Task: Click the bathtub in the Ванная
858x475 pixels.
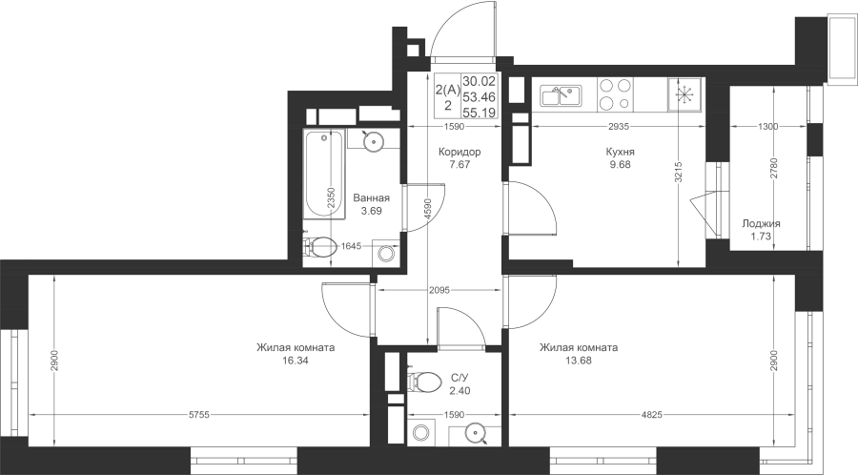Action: coord(324,175)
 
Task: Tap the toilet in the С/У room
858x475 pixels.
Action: coord(424,381)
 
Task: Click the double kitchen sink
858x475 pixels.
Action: coord(561,95)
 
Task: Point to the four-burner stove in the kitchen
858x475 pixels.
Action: coord(615,94)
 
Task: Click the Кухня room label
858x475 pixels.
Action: coord(620,152)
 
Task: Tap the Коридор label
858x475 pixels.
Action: coord(460,152)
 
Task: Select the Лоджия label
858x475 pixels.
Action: coord(761,223)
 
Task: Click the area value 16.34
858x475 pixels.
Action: coord(296,361)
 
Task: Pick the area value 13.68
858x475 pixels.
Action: coord(579,361)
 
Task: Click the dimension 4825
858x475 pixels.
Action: coord(652,415)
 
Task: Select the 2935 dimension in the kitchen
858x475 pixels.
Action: coord(619,127)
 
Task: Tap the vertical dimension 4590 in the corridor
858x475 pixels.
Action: coord(428,209)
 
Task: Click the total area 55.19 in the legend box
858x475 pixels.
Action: coord(480,113)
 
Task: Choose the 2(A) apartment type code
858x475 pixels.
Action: coord(448,90)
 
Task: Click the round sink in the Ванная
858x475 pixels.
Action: coord(373,141)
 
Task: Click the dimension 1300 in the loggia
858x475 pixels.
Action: coord(767,127)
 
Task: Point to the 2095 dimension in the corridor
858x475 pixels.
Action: coord(439,290)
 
